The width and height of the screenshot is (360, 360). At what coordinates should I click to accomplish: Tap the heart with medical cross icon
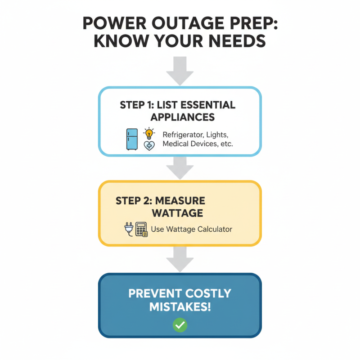pyautogui.click(x=148, y=145)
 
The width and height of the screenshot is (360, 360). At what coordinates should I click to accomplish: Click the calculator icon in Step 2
pyautogui.click(x=142, y=229)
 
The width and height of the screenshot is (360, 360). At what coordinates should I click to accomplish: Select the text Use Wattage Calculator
pyautogui.click(x=192, y=229)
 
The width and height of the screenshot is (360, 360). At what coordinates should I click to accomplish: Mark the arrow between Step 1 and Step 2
pyautogui.click(x=180, y=167)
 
